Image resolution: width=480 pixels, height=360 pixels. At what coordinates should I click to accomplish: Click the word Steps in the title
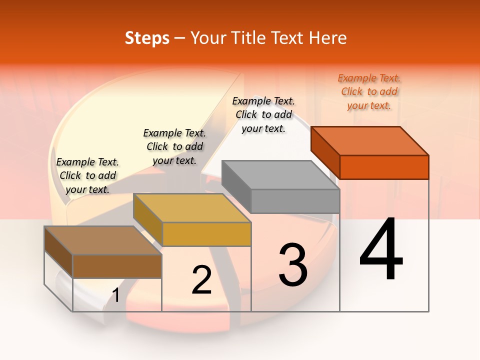pyautogui.click(x=147, y=38)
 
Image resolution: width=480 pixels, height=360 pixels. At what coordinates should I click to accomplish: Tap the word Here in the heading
pyautogui.click(x=328, y=38)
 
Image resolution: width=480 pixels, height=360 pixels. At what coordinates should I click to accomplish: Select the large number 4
pyautogui.click(x=381, y=250)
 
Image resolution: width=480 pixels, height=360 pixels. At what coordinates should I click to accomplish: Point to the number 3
pyautogui.click(x=293, y=265)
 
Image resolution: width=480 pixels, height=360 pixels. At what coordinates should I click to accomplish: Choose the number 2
pyautogui.click(x=201, y=280)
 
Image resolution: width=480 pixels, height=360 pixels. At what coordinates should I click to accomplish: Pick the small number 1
pyautogui.click(x=116, y=295)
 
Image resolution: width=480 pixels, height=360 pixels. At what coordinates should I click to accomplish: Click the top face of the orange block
pyautogui.click(x=370, y=140)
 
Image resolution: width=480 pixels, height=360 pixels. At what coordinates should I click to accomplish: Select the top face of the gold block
pyautogui.click(x=192, y=208)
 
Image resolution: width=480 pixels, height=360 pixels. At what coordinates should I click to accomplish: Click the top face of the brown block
pyautogui.click(x=103, y=240)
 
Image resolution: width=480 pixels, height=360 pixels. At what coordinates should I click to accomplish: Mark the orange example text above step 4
pyautogui.click(x=369, y=91)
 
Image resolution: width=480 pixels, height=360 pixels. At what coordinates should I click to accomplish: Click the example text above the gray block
pyautogui.click(x=263, y=114)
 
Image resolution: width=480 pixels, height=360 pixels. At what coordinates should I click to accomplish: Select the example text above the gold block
pyautogui.click(x=174, y=146)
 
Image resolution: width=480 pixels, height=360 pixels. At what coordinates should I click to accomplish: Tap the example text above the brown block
pyautogui.click(x=87, y=175)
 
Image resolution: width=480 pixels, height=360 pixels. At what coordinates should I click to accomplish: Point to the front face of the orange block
pyautogui.click(x=384, y=167)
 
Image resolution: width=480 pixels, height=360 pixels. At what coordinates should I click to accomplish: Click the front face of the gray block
pyautogui.click(x=295, y=201)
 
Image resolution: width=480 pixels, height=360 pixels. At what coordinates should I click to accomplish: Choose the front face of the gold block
pyautogui.click(x=206, y=234)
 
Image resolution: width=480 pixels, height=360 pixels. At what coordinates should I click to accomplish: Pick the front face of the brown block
pyautogui.click(x=117, y=266)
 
